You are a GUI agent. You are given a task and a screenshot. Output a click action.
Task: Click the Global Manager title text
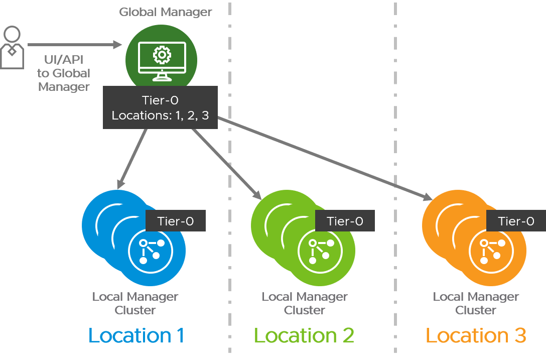[166, 12]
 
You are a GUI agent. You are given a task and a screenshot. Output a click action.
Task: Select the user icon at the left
[12, 48]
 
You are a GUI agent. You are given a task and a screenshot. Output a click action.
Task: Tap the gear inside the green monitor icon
[162, 55]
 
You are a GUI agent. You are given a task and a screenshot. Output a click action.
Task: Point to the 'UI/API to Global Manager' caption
[64, 73]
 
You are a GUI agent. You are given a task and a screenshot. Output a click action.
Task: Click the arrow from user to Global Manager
[75, 45]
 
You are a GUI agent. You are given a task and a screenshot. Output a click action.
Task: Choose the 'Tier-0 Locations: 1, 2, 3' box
[160, 108]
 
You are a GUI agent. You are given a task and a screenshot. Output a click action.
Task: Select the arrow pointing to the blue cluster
[132, 156]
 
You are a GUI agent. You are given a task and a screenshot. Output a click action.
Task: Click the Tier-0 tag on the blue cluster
[175, 221]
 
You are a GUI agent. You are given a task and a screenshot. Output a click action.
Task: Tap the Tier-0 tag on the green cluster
[345, 221]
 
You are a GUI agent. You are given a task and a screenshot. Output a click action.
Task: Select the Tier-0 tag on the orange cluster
[516, 221]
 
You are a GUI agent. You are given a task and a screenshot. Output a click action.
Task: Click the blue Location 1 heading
[136, 335]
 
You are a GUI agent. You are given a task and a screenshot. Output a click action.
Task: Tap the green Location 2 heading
[304, 335]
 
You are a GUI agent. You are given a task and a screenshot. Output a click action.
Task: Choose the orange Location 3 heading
[476, 335]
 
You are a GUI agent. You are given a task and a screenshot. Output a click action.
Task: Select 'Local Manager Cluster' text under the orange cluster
[476, 303]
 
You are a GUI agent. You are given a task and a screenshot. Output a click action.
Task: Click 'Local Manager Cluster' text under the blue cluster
[135, 303]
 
